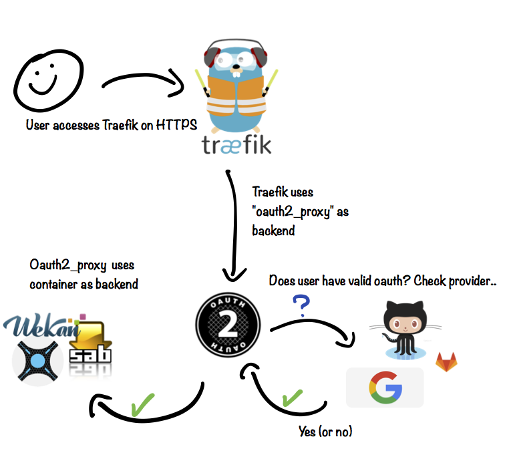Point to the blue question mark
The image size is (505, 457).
click(x=301, y=305)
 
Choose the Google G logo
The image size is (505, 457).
click(x=384, y=388)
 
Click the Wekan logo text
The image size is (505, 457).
click(x=43, y=328)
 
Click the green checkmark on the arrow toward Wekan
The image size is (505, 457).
click(x=142, y=405)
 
